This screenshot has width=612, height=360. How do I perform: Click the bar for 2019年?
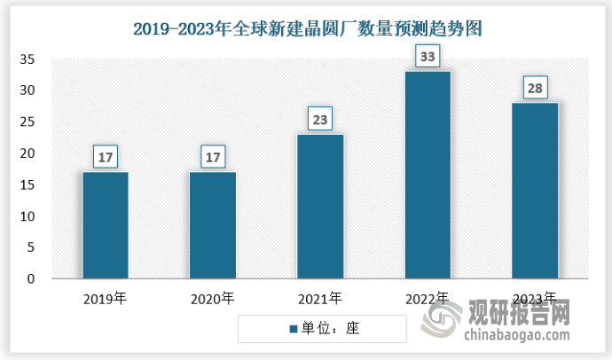coord(105,225)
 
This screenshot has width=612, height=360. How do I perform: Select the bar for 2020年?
coord(213,225)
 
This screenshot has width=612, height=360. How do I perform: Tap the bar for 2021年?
coord(320,207)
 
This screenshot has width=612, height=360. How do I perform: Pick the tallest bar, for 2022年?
coord(428,175)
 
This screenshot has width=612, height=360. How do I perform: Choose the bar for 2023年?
coord(535,191)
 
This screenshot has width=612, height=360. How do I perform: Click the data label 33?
coord(428,58)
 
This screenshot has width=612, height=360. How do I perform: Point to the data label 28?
coord(535,89)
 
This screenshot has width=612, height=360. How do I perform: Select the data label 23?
coord(320,120)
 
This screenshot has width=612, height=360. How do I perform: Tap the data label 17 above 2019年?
coord(105,158)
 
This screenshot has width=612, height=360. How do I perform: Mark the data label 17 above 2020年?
coord(213,158)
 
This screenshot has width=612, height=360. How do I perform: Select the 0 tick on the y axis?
coord(31,279)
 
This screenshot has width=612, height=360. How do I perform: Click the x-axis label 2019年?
coord(105,299)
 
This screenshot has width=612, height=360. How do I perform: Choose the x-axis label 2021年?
coord(320,299)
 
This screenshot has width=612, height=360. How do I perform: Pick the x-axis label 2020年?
coord(213,299)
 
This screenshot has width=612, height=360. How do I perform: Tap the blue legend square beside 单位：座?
coord(293,329)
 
